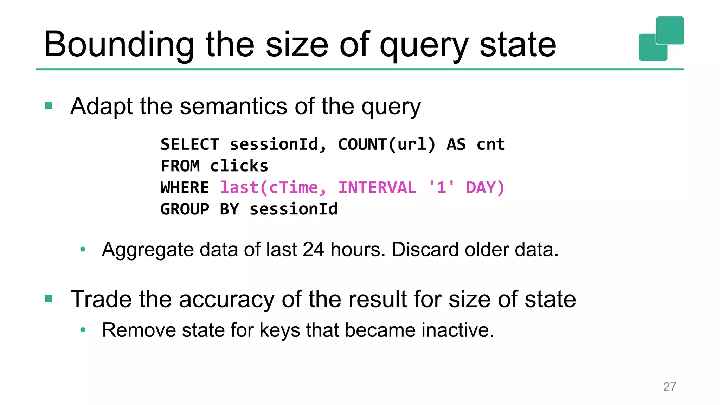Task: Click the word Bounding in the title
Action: click(119, 45)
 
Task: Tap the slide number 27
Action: click(669, 387)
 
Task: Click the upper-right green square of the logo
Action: click(670, 30)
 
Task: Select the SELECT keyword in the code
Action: click(190, 144)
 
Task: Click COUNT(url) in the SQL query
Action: click(387, 144)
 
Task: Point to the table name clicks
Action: click(239, 166)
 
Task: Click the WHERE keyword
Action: click(185, 187)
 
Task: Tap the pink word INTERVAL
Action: click(377, 187)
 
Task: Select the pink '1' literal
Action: click(441, 187)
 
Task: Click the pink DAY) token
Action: click(485, 187)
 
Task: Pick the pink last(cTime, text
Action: click(273, 187)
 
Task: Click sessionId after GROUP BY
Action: click(294, 209)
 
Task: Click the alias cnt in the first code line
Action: click(490, 144)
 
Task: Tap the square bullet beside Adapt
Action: click(49, 105)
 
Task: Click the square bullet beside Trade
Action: click(49, 299)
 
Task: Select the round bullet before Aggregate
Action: click(83, 250)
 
